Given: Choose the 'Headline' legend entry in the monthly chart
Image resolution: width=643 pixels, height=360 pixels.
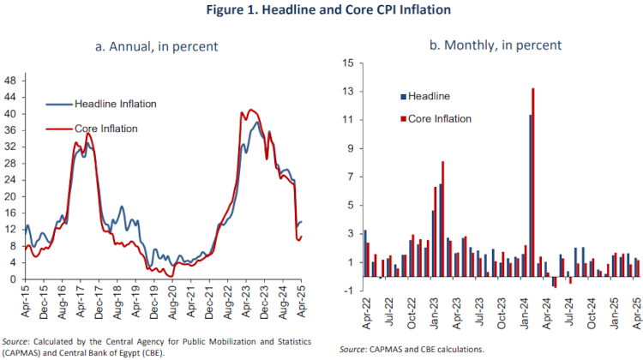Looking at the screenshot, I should tap(430, 97).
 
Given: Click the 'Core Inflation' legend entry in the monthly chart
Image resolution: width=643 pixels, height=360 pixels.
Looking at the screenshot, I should tap(440, 118).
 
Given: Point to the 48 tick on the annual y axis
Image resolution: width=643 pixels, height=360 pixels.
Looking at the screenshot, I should tap(11, 80).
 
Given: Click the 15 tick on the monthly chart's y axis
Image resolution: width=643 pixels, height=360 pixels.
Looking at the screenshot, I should tap(347, 63).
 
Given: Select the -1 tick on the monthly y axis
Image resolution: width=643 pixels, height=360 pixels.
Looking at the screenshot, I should tap(348, 291).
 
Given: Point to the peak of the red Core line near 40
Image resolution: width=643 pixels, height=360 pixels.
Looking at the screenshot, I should tap(249, 110).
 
